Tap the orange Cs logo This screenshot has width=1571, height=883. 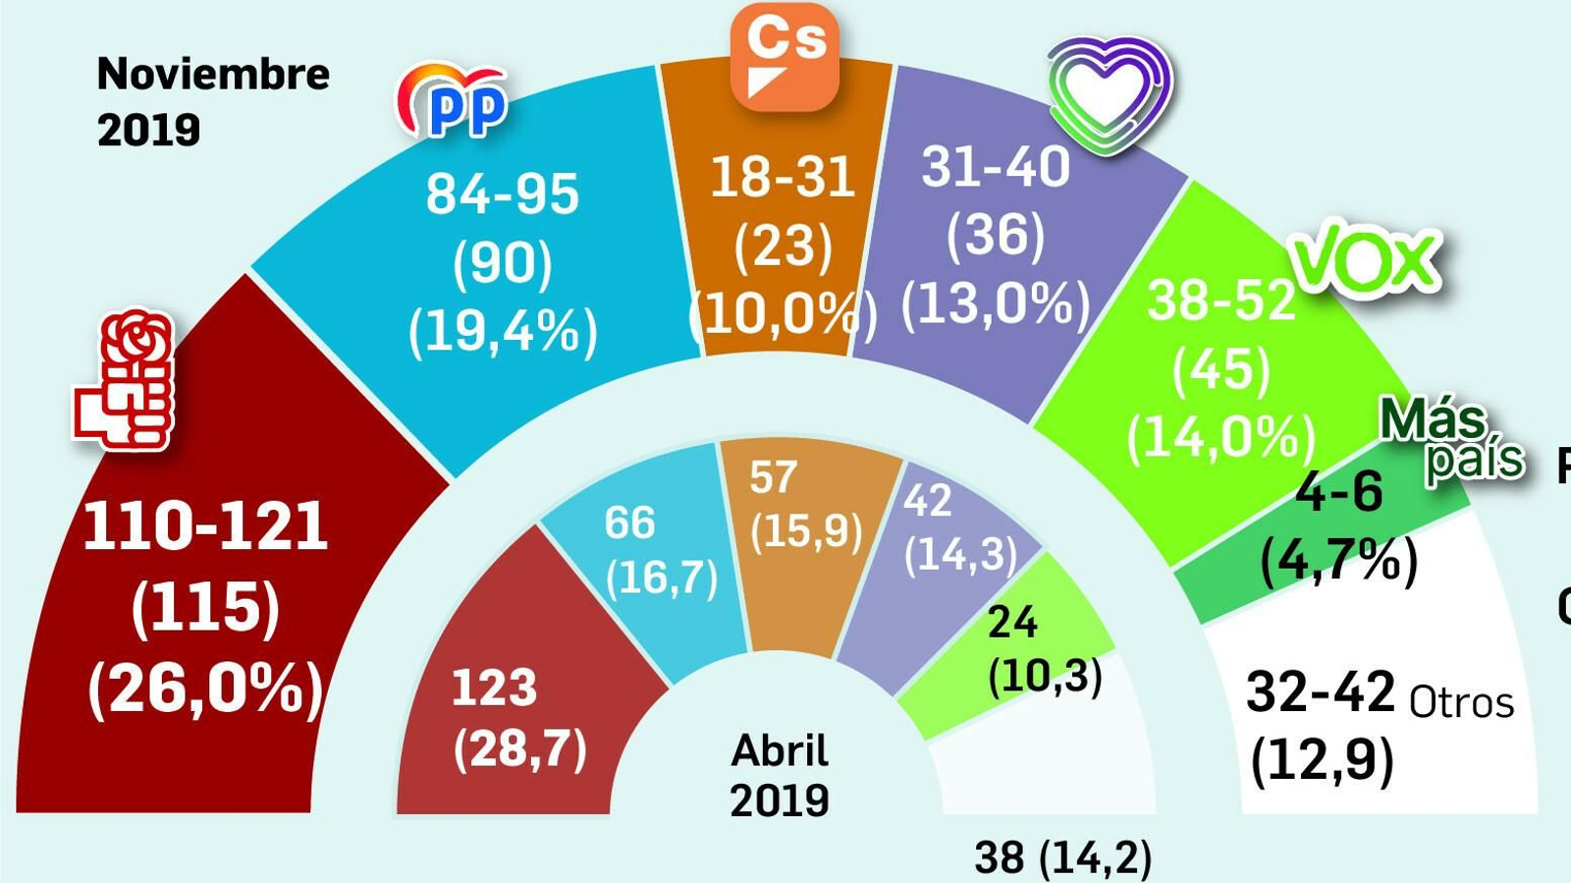(785, 55)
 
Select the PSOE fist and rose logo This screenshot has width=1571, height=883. (126, 381)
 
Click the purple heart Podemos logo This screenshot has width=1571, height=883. (1110, 95)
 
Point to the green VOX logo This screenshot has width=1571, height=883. (1366, 260)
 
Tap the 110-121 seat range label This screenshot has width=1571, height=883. (205, 526)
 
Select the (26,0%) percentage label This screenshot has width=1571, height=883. (205, 689)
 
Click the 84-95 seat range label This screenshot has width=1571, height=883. (502, 193)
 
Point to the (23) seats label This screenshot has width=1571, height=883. (783, 245)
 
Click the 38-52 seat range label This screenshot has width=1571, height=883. (1220, 300)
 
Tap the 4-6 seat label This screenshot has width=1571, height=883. (1339, 490)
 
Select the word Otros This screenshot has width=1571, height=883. (1461, 703)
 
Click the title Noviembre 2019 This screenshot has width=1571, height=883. (212, 101)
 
